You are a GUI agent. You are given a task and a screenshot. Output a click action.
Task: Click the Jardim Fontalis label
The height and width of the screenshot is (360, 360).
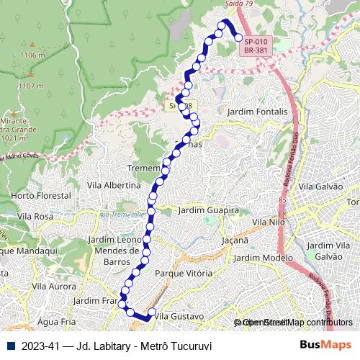pyautogui.click(x=257, y=112)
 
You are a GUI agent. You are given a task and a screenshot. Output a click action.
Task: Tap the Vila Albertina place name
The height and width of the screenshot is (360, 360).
pyautogui.click(x=113, y=185)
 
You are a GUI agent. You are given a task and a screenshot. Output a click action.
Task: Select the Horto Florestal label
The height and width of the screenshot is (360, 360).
pyautogui.click(x=41, y=196)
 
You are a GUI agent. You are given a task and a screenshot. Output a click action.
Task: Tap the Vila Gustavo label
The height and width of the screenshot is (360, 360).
pyautogui.click(x=179, y=316)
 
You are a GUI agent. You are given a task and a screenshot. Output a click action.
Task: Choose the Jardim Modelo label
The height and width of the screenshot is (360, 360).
pyautogui.click(x=264, y=258)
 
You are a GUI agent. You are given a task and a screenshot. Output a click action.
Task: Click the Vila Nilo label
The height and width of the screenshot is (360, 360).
pyautogui.click(x=269, y=223)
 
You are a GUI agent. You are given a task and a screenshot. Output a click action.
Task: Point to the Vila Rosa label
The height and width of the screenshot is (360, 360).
pyautogui.click(x=35, y=216)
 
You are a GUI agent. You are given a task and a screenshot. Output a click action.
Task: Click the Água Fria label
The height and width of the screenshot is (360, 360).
pyautogui.click(x=57, y=321)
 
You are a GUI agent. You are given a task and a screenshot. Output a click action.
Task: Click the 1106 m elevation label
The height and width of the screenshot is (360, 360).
pyautogui.click(x=32, y=55)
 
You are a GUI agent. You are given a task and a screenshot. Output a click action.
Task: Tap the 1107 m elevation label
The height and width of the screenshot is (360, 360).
pyautogui.click(x=30, y=86)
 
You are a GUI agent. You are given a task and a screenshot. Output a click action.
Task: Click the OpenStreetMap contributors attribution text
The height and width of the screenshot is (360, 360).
pyautogui.click(x=294, y=322)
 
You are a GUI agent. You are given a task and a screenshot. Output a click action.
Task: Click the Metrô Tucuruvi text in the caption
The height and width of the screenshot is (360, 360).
pyautogui.click(x=176, y=346)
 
